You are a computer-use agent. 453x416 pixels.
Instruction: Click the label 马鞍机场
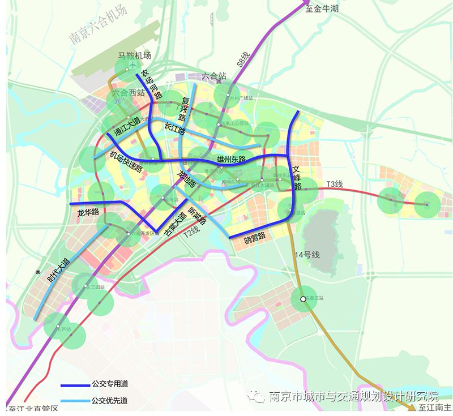[x=134, y=55]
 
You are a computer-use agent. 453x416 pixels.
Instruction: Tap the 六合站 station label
[x=213, y=76]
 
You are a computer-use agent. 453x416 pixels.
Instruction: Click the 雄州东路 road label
[x=231, y=160]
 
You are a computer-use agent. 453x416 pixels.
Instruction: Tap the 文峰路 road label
[x=297, y=178]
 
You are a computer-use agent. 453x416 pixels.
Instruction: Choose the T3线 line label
[x=334, y=185]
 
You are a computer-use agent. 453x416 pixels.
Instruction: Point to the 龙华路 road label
[x=88, y=212]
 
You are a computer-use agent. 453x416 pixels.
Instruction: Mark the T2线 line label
[x=195, y=230]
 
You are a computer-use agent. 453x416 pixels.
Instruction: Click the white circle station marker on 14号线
[x=303, y=298]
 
